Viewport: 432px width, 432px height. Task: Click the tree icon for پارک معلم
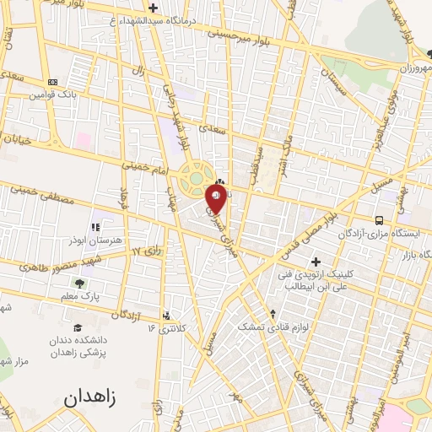point(81,283)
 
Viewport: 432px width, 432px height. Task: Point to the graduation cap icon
point(78,327)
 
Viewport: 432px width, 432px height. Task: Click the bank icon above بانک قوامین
point(52,82)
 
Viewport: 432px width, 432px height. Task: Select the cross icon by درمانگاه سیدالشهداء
point(152,8)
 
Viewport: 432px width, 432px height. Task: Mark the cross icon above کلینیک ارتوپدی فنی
point(316,262)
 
